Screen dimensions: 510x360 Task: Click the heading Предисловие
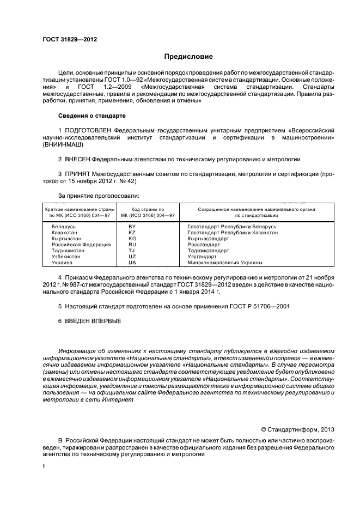[189, 57]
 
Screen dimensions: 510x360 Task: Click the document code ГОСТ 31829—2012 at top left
[66, 40]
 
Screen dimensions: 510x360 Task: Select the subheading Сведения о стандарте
[91, 116]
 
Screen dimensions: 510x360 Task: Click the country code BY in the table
[132, 226]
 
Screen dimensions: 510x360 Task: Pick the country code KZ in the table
[132, 232]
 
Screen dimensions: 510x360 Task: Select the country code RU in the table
[132, 245]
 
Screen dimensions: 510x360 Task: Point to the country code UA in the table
[132, 263]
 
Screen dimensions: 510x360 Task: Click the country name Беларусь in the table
[64, 226]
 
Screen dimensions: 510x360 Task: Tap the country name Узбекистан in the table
[66, 257]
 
